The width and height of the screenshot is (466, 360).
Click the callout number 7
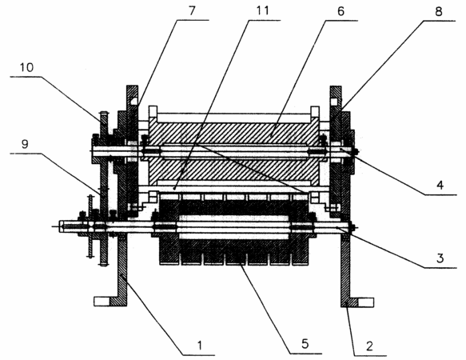click(192, 10)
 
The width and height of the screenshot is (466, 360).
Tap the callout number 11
click(262, 10)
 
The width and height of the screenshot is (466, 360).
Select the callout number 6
click(341, 11)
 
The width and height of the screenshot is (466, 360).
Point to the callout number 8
click(438, 12)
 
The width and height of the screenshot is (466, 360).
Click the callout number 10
click(26, 67)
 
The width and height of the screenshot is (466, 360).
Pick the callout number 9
click(25, 144)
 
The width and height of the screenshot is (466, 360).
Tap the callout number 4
click(440, 185)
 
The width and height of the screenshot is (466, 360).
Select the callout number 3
click(440, 258)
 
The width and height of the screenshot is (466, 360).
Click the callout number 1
click(200, 345)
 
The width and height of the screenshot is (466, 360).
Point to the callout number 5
click(305, 344)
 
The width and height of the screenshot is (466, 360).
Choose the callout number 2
click(369, 346)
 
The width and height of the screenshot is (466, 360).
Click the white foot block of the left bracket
click(102, 302)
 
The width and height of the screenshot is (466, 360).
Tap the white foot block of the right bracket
click(365, 302)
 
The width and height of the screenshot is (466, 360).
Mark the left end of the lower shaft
click(59, 226)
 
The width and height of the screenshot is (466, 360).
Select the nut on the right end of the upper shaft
click(355, 152)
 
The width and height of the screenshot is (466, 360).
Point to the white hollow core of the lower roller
click(234, 227)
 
